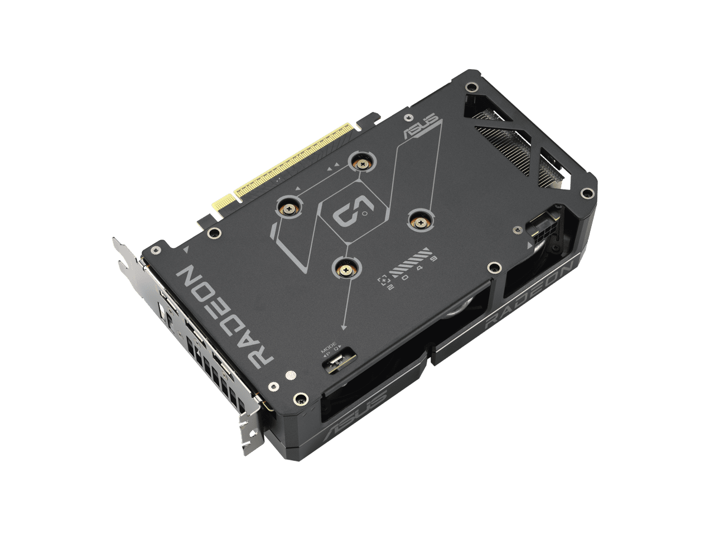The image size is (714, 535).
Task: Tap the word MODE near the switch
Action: (x=329, y=346)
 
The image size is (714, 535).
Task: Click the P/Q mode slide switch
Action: (x=336, y=362)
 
